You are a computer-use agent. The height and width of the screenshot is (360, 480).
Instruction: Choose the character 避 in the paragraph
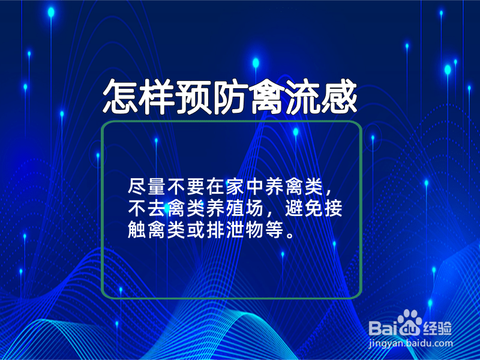[x=294, y=208]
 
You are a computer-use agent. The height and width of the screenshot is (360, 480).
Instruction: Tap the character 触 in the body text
[x=137, y=230]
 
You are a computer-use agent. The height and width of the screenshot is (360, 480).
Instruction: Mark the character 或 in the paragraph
[x=196, y=230]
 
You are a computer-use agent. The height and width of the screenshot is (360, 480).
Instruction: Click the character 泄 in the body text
[x=235, y=230]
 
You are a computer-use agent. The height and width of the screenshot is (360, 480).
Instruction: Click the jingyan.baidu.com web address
[x=410, y=343]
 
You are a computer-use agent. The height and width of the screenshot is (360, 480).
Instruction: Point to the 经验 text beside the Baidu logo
[x=437, y=328]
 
